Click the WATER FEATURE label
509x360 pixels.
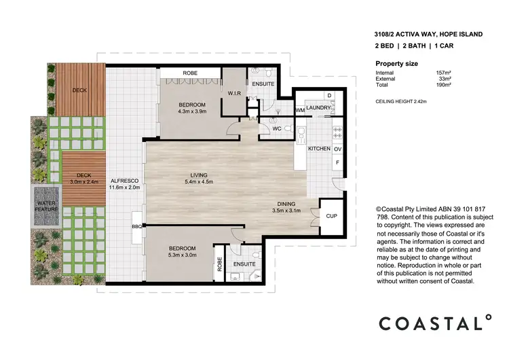tap(47, 206)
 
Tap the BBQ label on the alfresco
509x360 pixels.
tap(136, 227)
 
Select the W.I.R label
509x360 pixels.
tap(235, 94)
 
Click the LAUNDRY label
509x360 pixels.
tap(318, 108)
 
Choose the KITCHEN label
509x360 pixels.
tap(319, 148)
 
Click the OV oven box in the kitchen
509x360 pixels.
tap(337, 148)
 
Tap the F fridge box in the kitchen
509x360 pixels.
tap(337, 163)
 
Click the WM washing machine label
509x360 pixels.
tap(300, 110)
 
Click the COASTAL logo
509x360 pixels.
tap(434, 322)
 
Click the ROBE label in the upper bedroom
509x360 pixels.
tap(191, 73)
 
